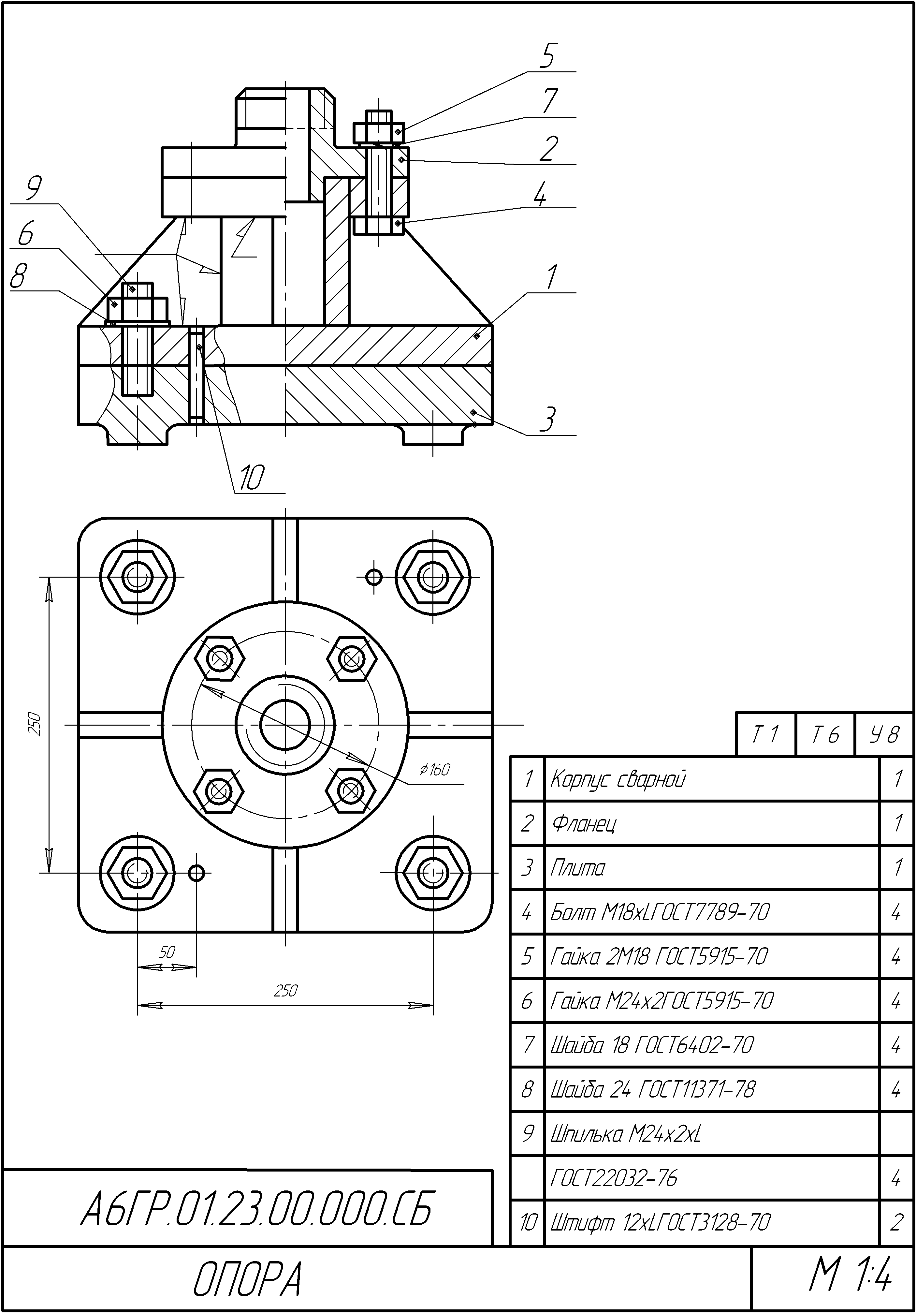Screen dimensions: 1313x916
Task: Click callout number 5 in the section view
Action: tap(547, 56)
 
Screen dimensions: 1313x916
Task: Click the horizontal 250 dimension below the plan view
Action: tap(285, 991)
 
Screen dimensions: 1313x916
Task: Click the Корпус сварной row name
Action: tap(618, 779)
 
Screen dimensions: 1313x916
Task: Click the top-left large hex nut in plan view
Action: tap(137, 578)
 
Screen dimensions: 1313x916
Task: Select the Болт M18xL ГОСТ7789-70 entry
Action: tap(661, 911)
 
